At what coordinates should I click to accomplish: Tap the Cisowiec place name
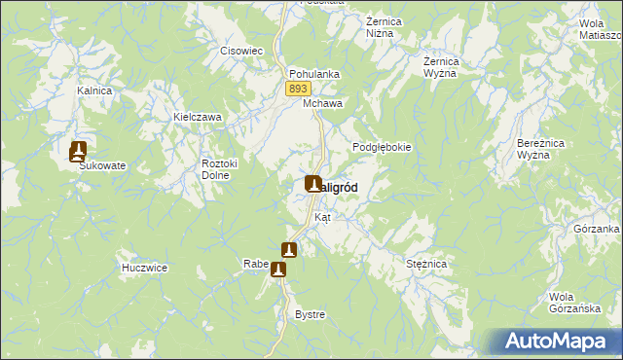point(238,51)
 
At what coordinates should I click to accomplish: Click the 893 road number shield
point(299,89)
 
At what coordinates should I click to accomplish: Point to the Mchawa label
point(322,102)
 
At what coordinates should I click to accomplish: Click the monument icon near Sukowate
point(79,151)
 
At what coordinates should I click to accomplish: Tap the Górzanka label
point(597,229)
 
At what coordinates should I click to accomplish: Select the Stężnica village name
point(425,264)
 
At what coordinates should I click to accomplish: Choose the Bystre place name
point(310,315)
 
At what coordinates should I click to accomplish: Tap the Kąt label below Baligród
point(322,217)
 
